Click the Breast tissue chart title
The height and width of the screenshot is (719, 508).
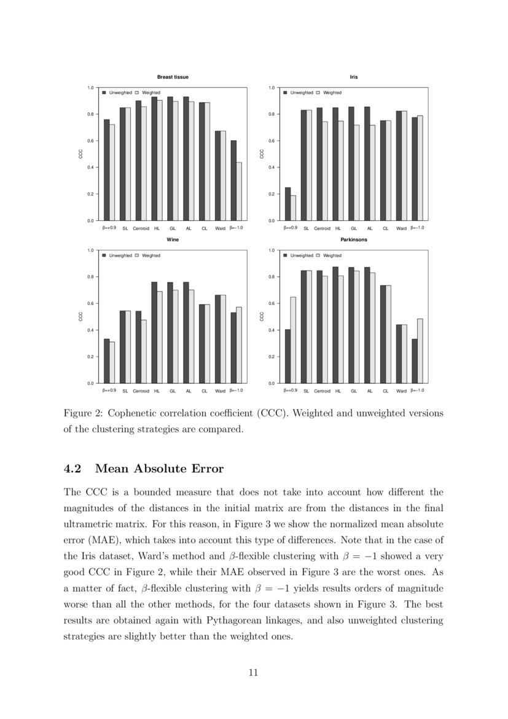click(173, 77)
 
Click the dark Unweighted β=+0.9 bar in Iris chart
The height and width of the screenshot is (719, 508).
click(287, 204)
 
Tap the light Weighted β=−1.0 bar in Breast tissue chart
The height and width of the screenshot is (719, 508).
click(238, 191)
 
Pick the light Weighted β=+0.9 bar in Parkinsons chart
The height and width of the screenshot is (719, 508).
click(293, 340)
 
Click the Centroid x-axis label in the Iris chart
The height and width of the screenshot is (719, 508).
click(322, 228)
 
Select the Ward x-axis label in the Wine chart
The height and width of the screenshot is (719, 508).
click(220, 391)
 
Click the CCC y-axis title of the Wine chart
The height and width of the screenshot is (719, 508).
click(80, 317)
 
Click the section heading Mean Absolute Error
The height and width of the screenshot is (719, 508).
click(160, 469)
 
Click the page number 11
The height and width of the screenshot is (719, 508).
click(253, 672)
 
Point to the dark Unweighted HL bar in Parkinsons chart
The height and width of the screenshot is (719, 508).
click(335, 324)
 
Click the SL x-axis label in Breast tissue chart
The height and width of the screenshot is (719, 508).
click(125, 228)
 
